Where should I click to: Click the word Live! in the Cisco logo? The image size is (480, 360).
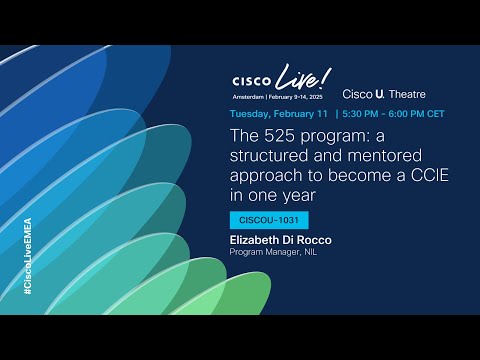coord(304,76)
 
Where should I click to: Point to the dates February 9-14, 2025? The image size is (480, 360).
coord(300,96)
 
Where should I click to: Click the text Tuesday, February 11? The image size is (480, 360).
coord(281,113)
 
